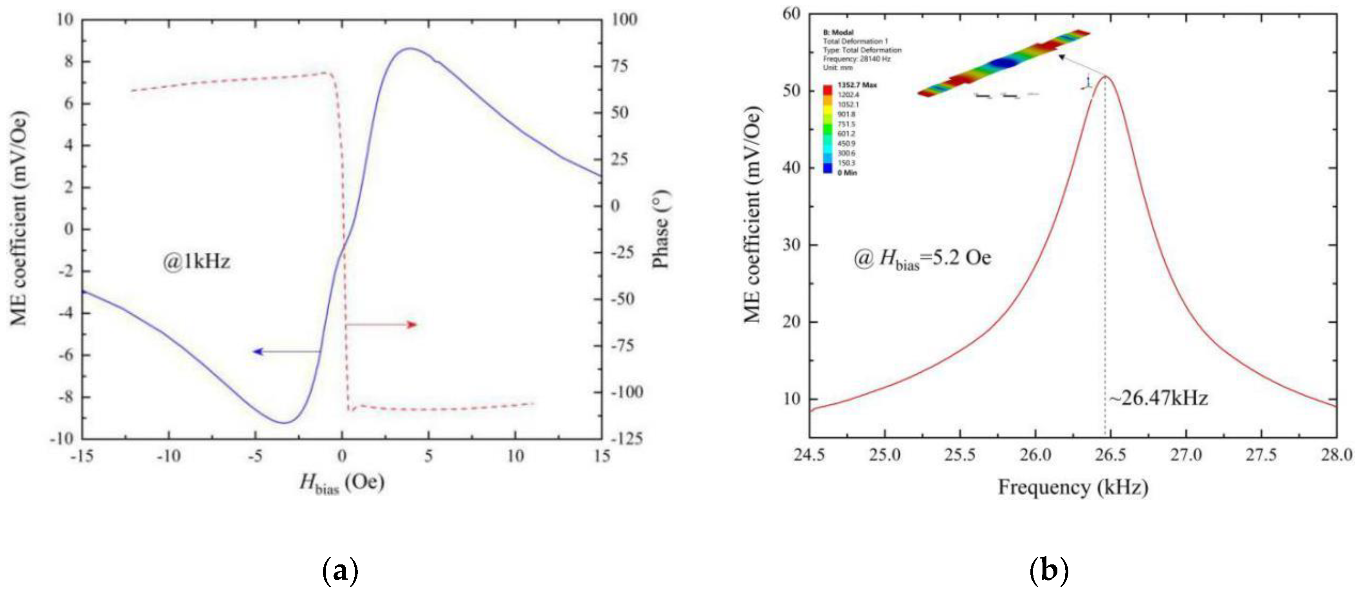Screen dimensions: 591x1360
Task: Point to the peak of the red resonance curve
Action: click(x=1105, y=77)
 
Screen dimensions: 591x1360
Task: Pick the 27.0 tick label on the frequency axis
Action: click(x=1186, y=455)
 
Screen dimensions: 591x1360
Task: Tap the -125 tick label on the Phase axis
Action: click(x=627, y=438)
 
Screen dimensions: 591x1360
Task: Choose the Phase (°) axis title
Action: click(x=661, y=230)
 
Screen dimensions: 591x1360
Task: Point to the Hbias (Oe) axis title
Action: click(x=342, y=483)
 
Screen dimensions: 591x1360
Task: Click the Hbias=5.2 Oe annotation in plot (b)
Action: click(x=922, y=259)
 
